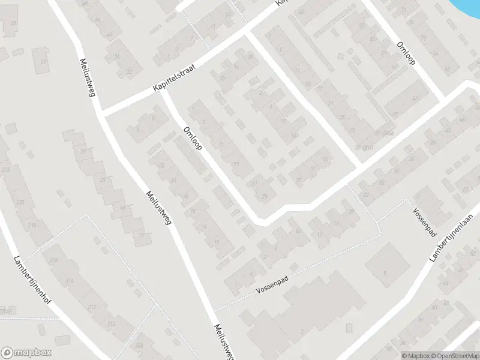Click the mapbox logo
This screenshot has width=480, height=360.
pyautogui.click(x=26, y=353)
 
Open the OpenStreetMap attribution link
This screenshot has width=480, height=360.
pyautogui.click(x=454, y=356)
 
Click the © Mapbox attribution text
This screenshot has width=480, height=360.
pyautogui.click(x=416, y=356)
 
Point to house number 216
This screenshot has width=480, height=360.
pyautogui.click(x=53, y=260)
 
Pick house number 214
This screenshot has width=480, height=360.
pyautogui.click(x=70, y=281)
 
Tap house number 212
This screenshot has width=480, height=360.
pyautogui.click(x=92, y=307)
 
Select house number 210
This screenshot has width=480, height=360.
pyautogui.click(x=111, y=324)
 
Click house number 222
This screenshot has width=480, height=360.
pyautogui.click(x=7, y=171)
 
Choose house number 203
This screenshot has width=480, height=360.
pyautogui.click(x=139, y=345)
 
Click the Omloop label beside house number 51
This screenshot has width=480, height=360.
pyautogui.click(x=406, y=53)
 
